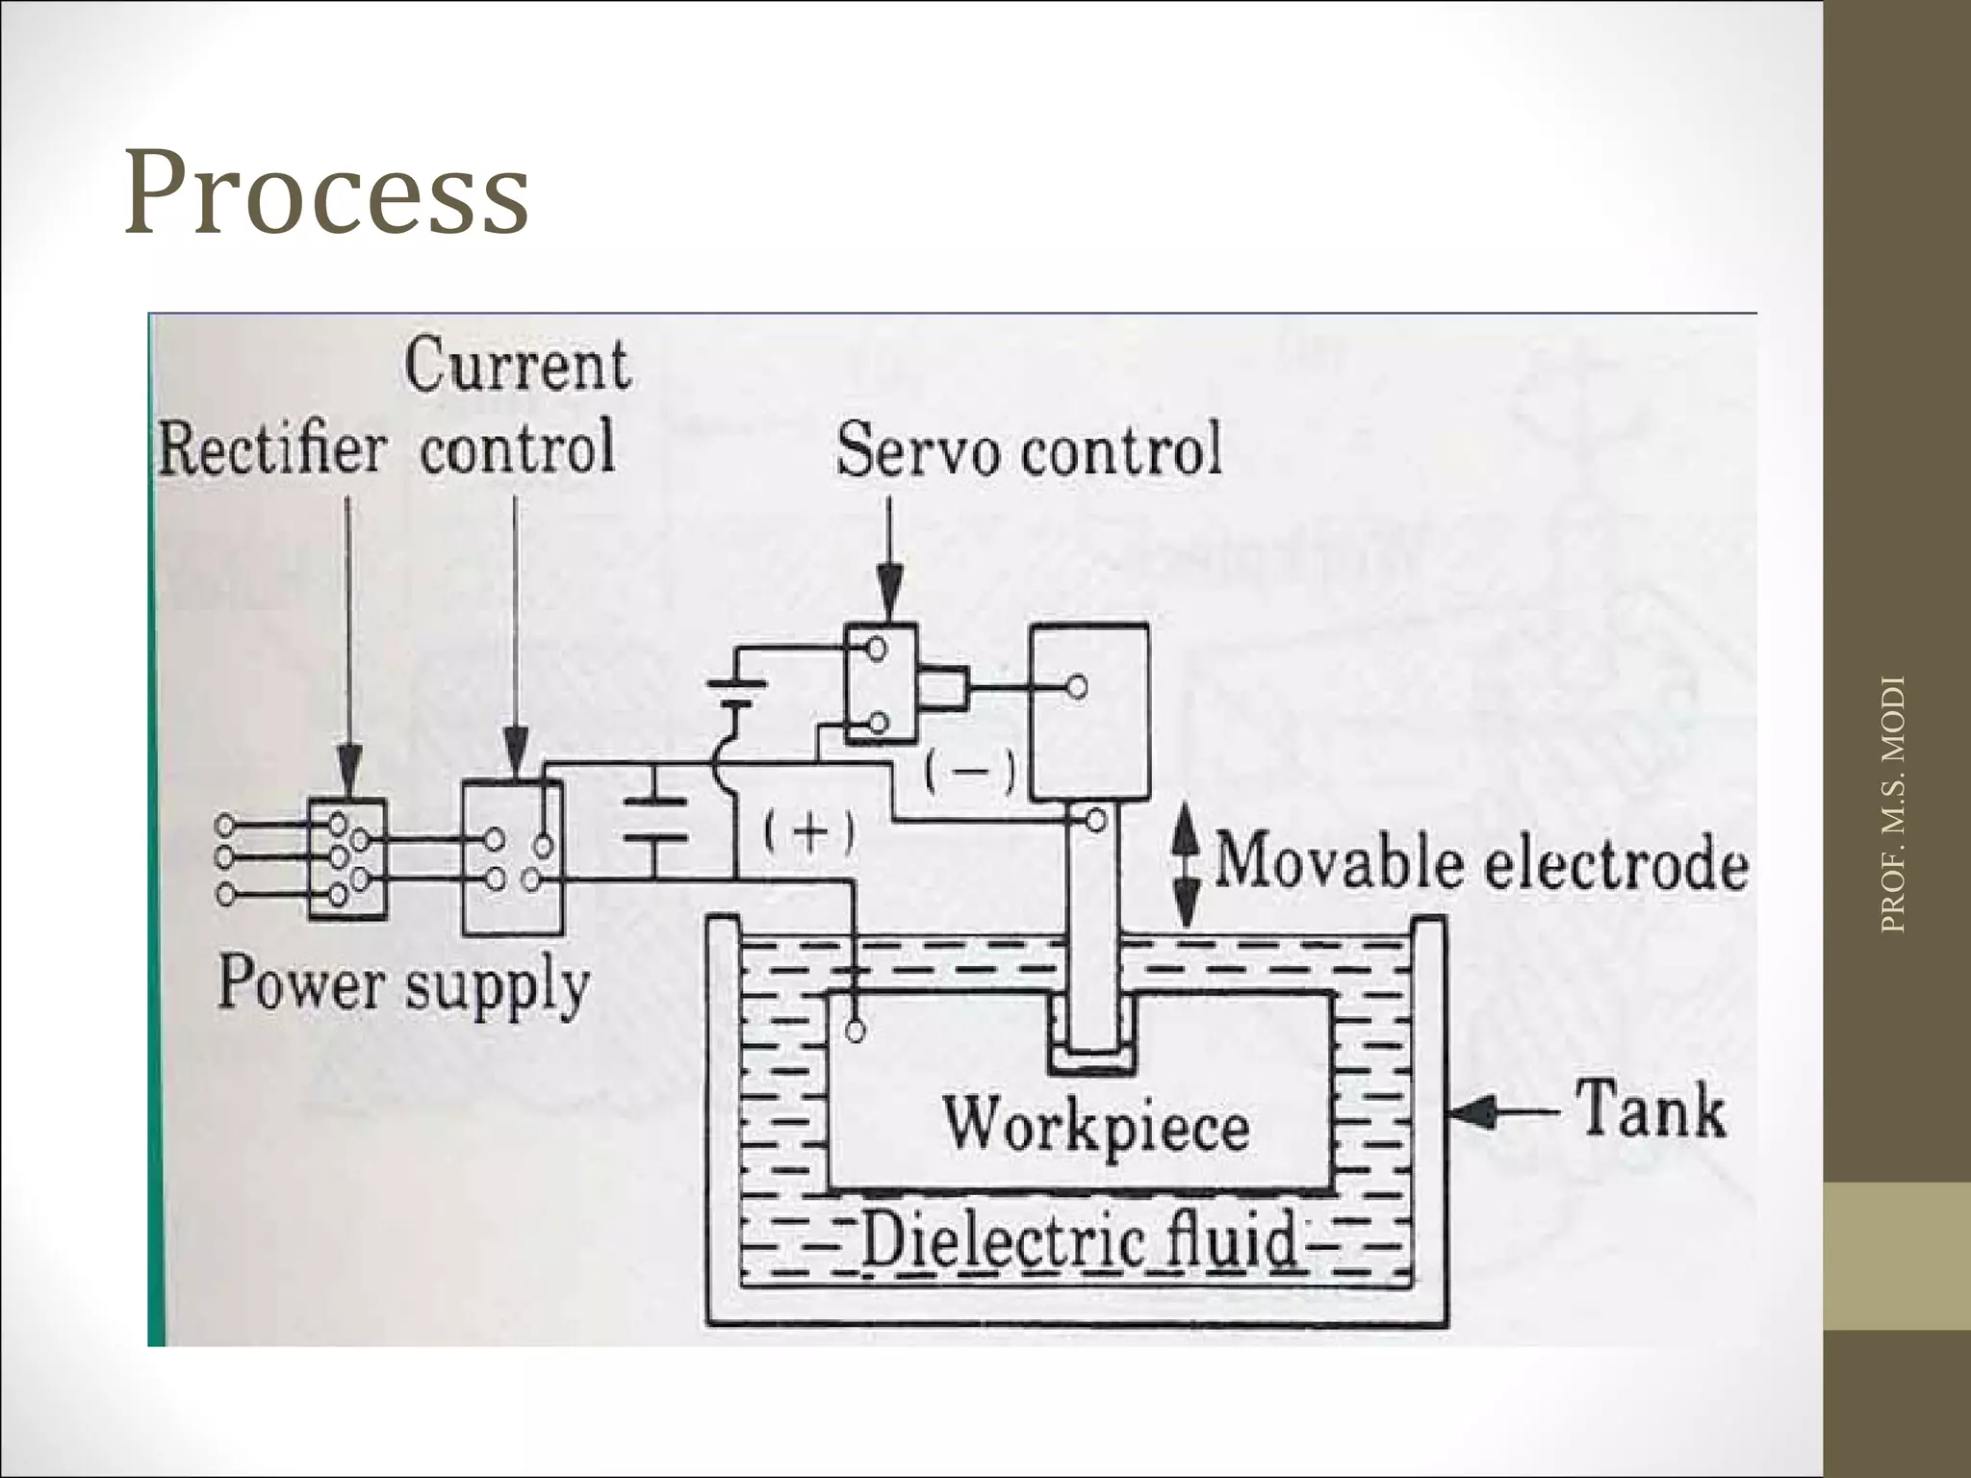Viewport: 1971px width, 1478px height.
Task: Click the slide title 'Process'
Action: (x=326, y=192)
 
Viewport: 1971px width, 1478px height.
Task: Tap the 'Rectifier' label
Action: (x=272, y=449)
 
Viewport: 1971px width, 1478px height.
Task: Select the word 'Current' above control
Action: (x=517, y=366)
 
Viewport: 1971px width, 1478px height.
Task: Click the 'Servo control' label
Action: (x=1029, y=449)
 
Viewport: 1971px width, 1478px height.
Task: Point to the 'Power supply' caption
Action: (x=403, y=983)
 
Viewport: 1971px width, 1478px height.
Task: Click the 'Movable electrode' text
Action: (x=1481, y=862)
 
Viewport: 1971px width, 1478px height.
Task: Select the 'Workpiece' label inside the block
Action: (x=1096, y=1123)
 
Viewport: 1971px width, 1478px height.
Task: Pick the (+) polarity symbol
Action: (x=808, y=832)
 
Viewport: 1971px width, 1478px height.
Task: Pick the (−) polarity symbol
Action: (x=970, y=771)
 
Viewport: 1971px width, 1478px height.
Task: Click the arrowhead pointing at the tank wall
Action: (x=1473, y=1114)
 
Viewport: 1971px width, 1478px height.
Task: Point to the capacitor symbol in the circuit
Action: (x=655, y=819)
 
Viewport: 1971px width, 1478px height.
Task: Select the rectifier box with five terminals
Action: (x=347, y=858)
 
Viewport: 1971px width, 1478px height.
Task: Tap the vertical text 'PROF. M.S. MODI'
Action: (x=1892, y=804)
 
